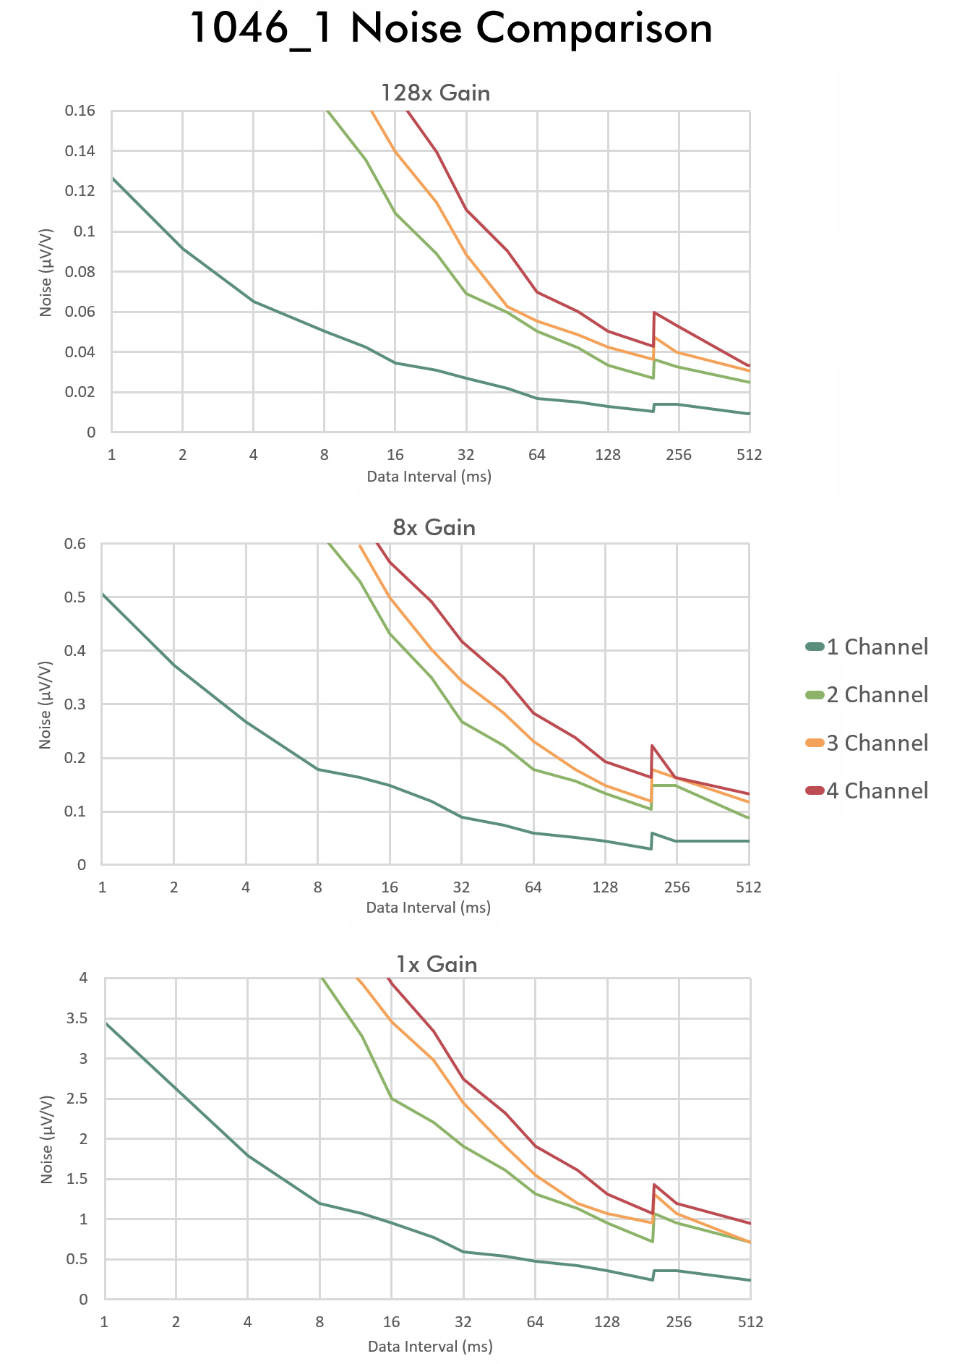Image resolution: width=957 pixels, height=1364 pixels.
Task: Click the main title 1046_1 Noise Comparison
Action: point(452,29)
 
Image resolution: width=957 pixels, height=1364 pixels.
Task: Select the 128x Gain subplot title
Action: point(435,93)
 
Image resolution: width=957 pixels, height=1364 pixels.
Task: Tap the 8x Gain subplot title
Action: point(434,527)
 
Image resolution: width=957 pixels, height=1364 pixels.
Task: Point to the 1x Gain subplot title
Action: point(436,964)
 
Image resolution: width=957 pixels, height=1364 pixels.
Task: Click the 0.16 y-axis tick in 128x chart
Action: point(80,111)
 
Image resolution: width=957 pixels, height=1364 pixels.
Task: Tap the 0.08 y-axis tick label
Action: point(80,272)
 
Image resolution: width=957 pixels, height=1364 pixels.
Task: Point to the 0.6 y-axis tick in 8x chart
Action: point(76,544)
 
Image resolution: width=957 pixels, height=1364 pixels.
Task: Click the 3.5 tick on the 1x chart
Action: point(74,1018)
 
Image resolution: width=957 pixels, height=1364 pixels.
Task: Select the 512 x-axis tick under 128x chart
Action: point(749,455)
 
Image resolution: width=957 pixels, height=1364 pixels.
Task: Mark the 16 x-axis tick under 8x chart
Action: point(390,887)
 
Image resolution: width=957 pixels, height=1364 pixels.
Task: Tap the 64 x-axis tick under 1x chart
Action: point(535,1322)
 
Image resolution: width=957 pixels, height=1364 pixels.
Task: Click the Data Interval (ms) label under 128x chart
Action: point(429,477)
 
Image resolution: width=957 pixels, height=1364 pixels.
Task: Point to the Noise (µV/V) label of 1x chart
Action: point(47,1139)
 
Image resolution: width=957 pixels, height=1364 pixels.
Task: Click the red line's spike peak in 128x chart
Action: point(654,312)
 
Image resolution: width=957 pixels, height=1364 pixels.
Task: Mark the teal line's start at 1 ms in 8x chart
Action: point(103,594)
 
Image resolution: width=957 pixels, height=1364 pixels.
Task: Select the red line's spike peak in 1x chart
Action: point(654,1185)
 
